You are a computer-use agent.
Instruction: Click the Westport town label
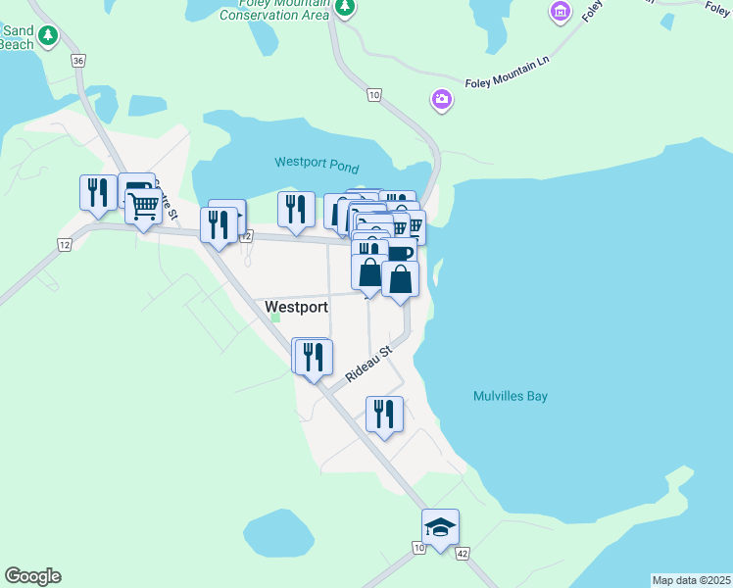pos(297,307)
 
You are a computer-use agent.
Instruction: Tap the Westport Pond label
pos(317,163)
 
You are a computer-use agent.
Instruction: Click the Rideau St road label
pos(368,363)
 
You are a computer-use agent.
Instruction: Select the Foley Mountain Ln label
pos(510,71)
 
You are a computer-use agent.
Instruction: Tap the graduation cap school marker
pos(440,527)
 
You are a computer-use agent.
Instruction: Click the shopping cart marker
pos(144,206)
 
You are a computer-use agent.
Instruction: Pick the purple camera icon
pos(442,98)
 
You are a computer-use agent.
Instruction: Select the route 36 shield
pos(78,61)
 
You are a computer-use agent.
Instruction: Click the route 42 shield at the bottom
pos(462,554)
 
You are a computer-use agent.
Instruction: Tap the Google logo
pos(32,576)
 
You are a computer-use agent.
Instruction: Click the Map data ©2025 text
pos(691,580)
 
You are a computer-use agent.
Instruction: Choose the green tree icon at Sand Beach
pos(47,36)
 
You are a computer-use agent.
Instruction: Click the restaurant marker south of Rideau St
pos(384,413)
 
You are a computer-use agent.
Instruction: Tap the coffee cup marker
pos(401,253)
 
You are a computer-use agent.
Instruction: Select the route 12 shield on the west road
pos(65,244)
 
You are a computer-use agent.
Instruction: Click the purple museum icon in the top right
pos(561,11)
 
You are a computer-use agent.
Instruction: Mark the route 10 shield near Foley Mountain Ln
pos(373,94)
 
